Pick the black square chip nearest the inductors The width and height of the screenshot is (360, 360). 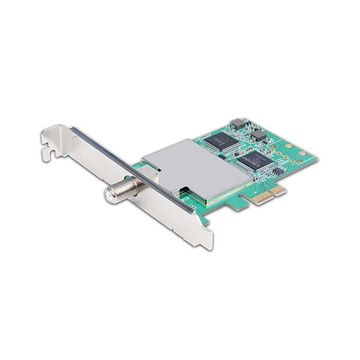218,139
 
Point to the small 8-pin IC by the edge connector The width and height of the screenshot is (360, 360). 277,170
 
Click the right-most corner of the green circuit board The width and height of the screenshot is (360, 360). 317,156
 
